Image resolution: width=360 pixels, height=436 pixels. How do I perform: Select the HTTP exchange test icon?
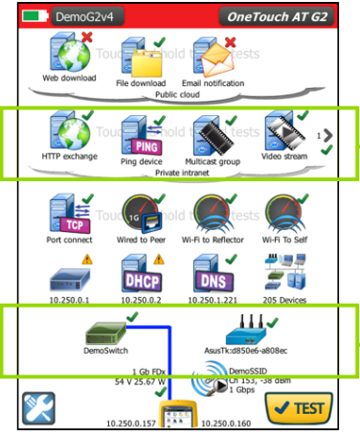click(68, 132)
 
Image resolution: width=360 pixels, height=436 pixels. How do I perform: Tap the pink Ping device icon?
click(143, 133)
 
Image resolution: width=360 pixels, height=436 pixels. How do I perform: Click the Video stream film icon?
click(284, 133)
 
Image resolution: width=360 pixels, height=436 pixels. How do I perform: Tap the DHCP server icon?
click(143, 278)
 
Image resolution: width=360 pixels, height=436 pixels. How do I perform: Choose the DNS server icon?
click(214, 278)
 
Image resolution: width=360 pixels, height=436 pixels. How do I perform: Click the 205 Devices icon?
click(284, 278)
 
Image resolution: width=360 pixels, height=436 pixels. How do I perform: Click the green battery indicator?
click(35, 16)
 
